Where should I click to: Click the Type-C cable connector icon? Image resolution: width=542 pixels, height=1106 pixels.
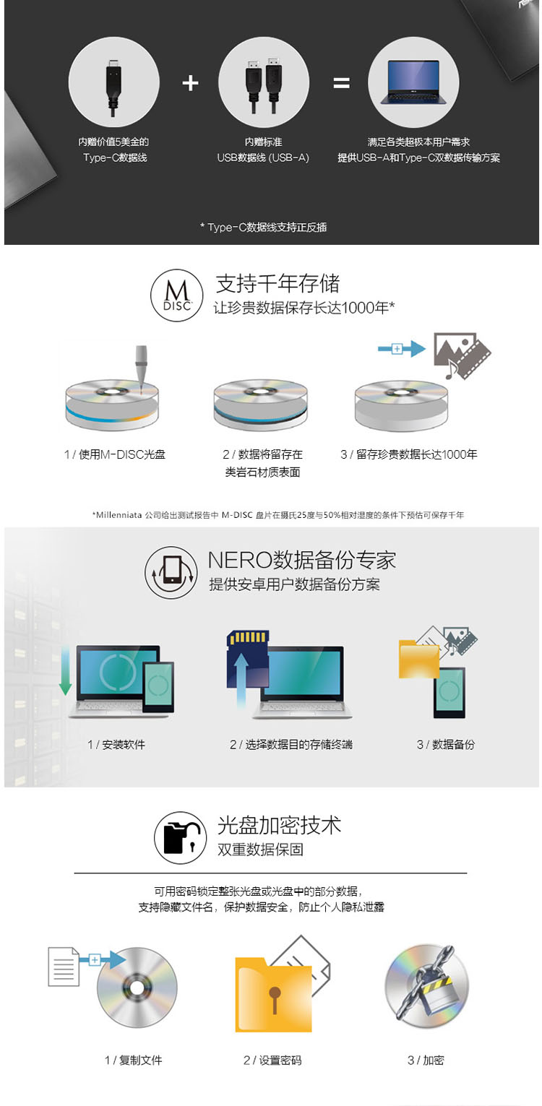pos(113,87)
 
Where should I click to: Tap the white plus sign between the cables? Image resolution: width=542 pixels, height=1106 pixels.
pos(190,83)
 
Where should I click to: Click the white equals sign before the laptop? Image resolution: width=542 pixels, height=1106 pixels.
pos(341,83)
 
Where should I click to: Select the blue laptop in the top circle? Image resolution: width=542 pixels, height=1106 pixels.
pos(413,82)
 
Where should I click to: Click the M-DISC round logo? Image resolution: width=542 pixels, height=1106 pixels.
pos(177,295)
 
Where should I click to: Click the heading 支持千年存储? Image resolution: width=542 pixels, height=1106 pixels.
pos(278,283)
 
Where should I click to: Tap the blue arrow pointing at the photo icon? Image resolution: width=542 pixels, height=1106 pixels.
pos(402,349)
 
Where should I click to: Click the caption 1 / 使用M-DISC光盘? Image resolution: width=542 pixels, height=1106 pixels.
pos(115,454)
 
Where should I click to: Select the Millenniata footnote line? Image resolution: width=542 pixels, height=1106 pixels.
pos(278,515)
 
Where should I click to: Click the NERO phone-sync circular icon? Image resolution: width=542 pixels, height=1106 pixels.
pos(171,572)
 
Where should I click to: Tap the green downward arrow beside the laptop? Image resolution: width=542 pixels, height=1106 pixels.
pos(65,672)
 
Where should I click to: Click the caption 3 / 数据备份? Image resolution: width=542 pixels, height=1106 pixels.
pos(446,745)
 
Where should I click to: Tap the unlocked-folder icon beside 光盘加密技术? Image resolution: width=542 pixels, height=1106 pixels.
pos(181,837)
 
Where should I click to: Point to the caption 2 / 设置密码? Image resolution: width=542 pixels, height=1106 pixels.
pos(272,1060)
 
